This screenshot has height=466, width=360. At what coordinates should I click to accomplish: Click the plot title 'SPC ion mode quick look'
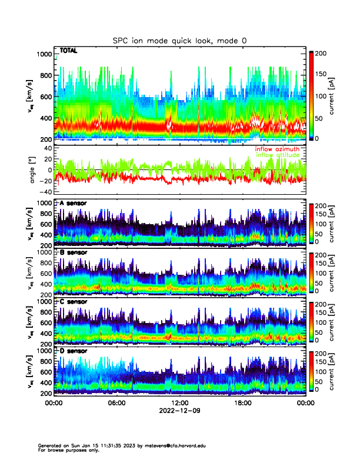[x=179, y=41]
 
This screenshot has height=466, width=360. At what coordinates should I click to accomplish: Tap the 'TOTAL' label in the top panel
[x=69, y=52]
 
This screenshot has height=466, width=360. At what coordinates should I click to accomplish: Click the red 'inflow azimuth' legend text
[x=277, y=149]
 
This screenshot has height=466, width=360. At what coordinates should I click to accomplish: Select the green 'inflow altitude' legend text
[x=277, y=155]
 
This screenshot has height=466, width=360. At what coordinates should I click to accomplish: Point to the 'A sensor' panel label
[x=73, y=204]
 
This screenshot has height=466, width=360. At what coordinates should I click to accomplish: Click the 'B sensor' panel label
[x=73, y=252]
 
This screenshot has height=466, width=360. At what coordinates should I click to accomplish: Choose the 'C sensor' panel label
[x=73, y=302]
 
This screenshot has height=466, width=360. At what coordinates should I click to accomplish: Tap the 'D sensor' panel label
[x=73, y=351]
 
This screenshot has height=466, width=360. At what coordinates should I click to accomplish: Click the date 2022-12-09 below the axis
[x=179, y=411]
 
